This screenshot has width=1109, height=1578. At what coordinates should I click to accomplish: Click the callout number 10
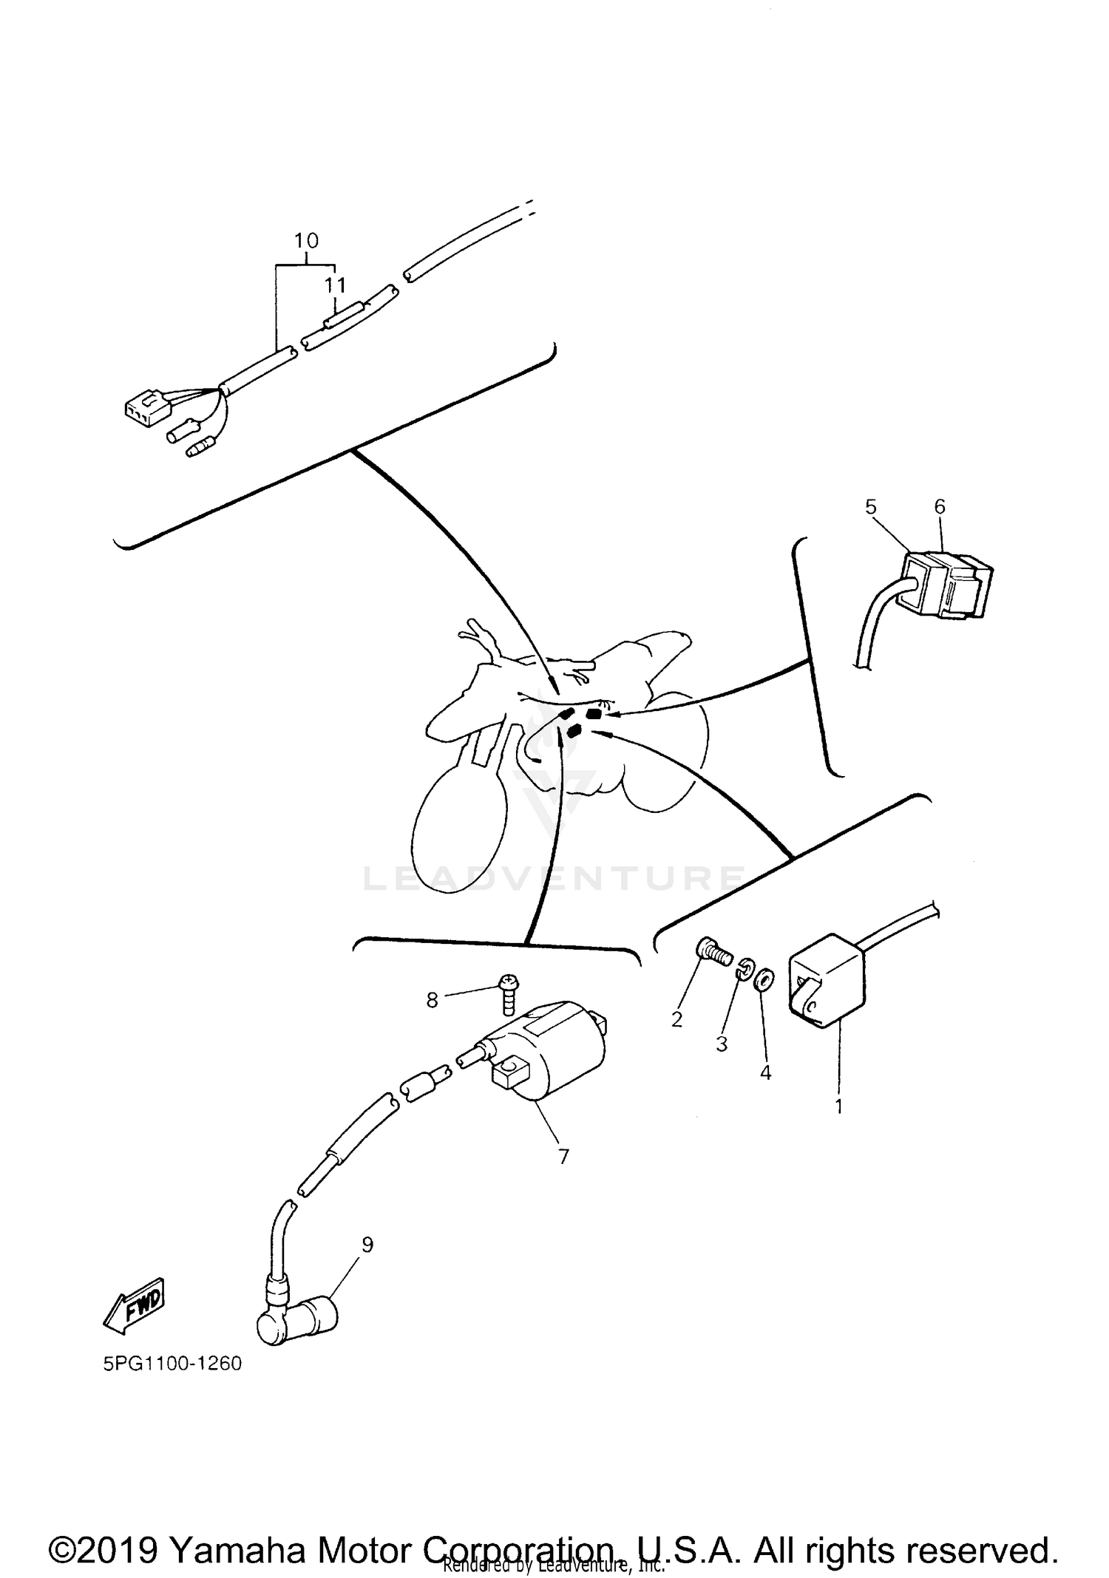click(306, 241)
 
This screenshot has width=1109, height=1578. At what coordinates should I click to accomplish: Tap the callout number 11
click(335, 285)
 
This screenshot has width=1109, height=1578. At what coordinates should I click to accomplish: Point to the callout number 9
click(367, 1245)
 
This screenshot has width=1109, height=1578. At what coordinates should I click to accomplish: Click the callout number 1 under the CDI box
click(838, 1107)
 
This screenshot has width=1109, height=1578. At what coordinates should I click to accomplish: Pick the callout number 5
click(870, 507)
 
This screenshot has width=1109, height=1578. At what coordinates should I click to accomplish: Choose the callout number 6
click(940, 507)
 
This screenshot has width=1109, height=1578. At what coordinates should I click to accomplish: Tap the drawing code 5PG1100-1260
click(172, 1364)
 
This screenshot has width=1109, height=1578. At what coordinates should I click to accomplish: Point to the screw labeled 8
click(509, 993)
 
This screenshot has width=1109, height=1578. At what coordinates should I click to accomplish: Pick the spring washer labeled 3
click(745, 968)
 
